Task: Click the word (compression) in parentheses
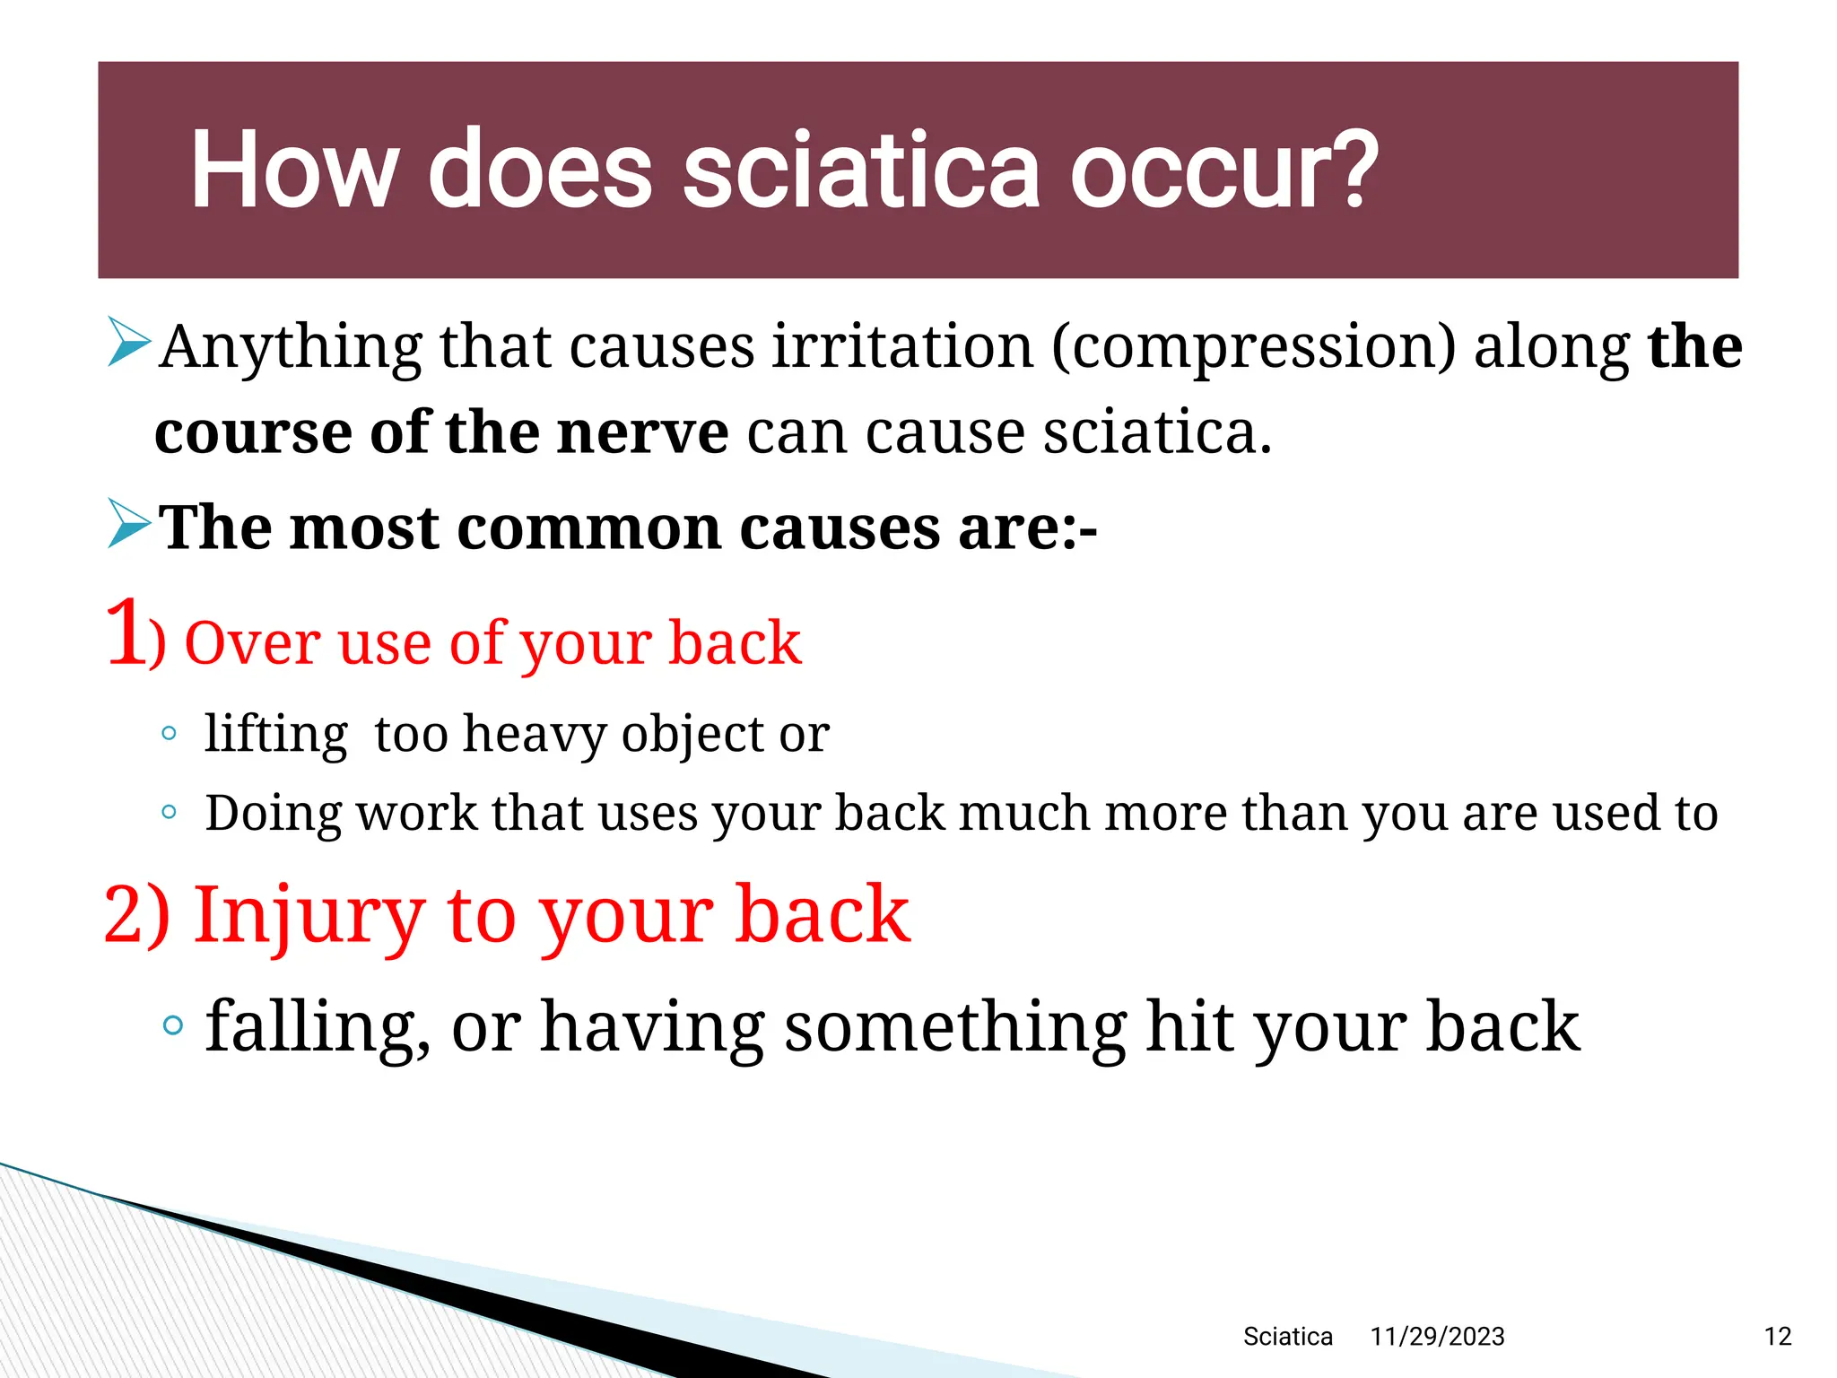pos(1254,347)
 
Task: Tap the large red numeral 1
pos(126,633)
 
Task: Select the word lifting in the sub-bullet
pos(275,735)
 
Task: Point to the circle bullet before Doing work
pos(169,813)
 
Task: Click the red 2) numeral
pos(136,914)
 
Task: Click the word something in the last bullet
pos(955,1028)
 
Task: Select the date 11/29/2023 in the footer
pos(1437,1337)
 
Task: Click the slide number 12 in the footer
pos(1777,1337)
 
